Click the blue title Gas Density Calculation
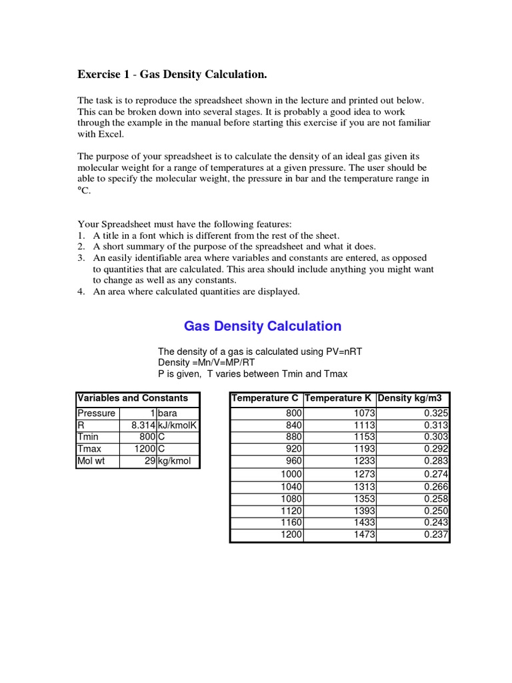[262, 326]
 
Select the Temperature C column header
[265, 398]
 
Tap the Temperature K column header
[339, 398]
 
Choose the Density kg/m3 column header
[413, 398]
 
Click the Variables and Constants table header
[133, 398]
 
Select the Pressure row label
[96, 414]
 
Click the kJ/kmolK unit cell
[177, 425]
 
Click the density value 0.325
[436, 414]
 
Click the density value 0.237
[436, 535]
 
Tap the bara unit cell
[168, 414]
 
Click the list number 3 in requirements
[81, 258]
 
